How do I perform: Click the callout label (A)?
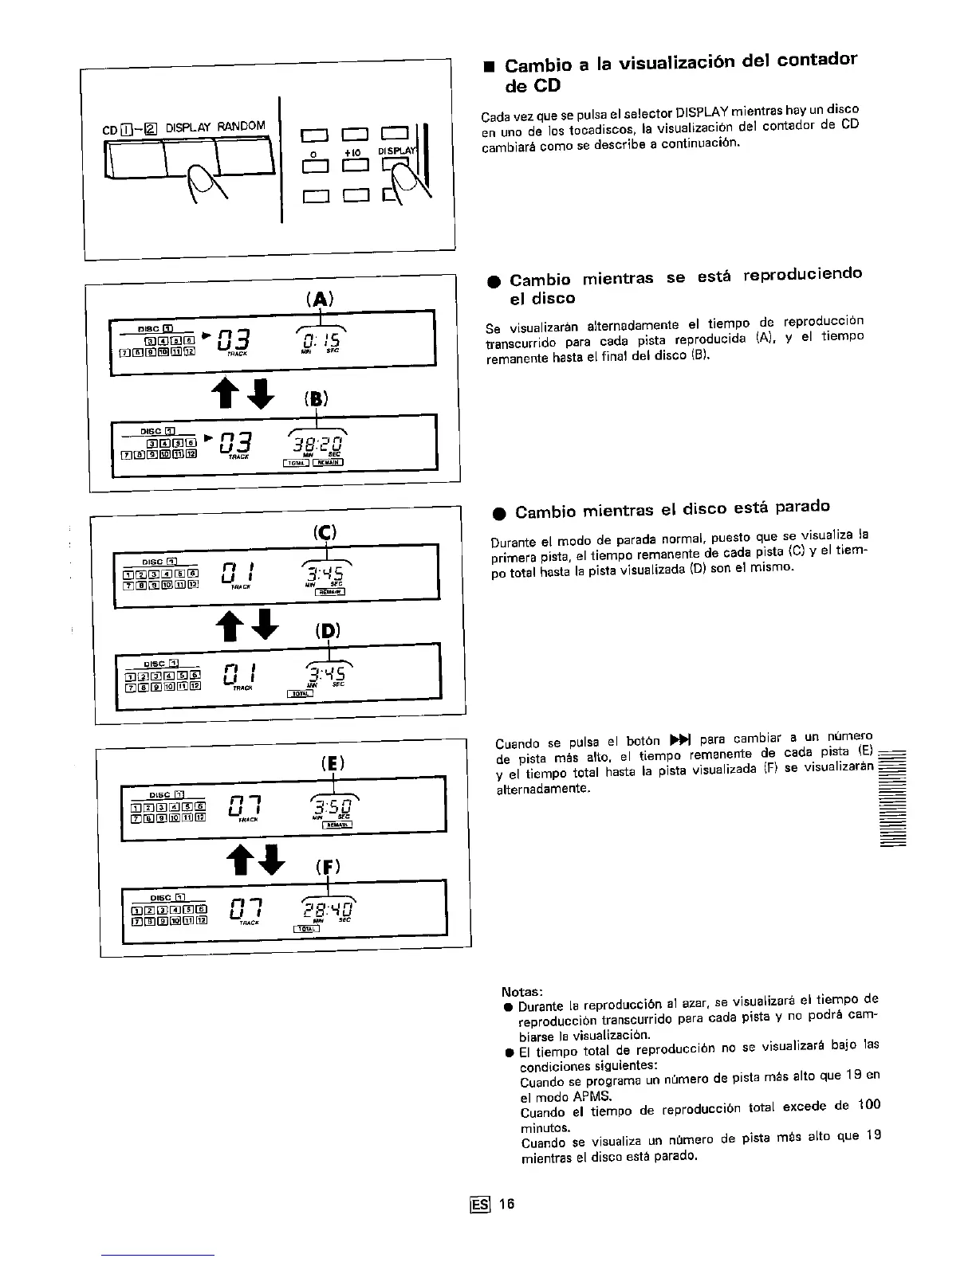(319, 299)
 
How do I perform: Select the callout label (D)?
(327, 632)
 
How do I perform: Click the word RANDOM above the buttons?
(241, 126)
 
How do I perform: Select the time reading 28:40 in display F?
(329, 908)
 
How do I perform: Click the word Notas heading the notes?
(521, 992)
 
